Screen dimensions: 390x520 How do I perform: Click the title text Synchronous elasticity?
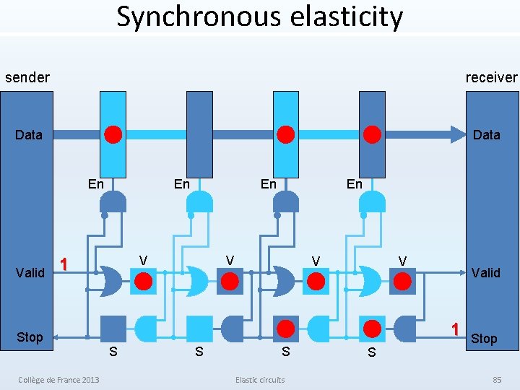(259, 17)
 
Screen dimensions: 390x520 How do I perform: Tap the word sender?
(27, 77)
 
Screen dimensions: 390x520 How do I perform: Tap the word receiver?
(491, 77)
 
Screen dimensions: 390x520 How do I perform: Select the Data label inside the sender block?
(29, 134)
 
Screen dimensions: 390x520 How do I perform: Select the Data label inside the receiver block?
(486, 134)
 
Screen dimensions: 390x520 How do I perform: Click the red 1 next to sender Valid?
(64, 264)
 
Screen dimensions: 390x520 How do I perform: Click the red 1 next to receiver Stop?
(455, 329)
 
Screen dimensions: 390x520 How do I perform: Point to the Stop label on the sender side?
(30, 337)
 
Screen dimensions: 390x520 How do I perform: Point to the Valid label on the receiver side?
(485, 272)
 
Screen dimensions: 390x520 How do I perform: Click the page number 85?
(497, 380)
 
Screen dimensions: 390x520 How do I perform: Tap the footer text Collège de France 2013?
(59, 380)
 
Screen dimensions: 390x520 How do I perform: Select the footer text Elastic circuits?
(260, 380)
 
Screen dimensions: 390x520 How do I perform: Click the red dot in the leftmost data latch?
(113, 134)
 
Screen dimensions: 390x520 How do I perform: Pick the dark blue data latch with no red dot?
(199, 134)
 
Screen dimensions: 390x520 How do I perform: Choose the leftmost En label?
(95, 184)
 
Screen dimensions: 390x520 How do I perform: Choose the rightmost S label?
(371, 352)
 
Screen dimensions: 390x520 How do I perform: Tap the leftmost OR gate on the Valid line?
(110, 280)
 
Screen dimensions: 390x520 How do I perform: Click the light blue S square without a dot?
(199, 329)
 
